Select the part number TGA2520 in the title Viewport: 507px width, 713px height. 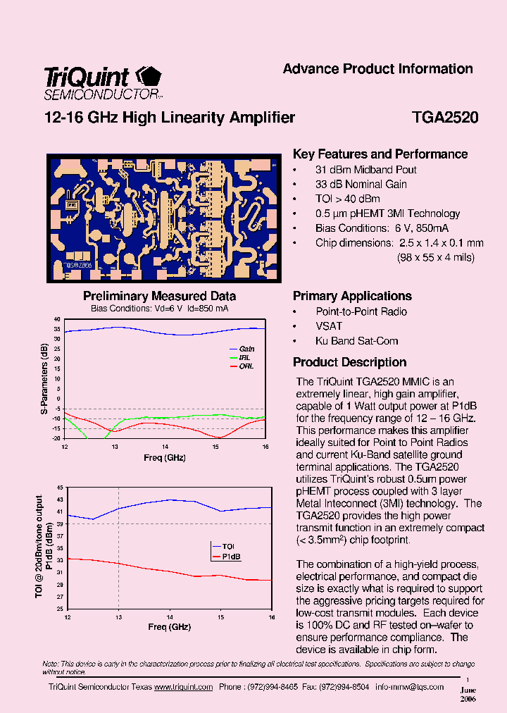point(445,118)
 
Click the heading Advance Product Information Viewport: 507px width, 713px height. point(377,69)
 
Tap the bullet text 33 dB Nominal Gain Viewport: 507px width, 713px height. point(361,185)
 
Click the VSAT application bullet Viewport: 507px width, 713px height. point(329,326)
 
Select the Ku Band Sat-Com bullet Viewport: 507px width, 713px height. point(356,341)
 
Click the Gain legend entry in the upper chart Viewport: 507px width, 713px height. point(246,349)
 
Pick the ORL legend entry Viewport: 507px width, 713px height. point(246,366)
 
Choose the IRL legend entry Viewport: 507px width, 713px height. point(245,357)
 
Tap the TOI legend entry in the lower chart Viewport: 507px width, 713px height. point(228,546)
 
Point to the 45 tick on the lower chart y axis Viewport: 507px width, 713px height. point(60,488)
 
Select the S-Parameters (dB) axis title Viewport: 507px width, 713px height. point(44,378)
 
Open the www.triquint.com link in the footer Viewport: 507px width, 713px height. point(183,687)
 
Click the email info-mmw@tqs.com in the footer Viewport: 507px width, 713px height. point(410,687)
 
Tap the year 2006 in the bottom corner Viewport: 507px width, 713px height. point(468,700)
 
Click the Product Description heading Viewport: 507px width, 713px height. point(349,362)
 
